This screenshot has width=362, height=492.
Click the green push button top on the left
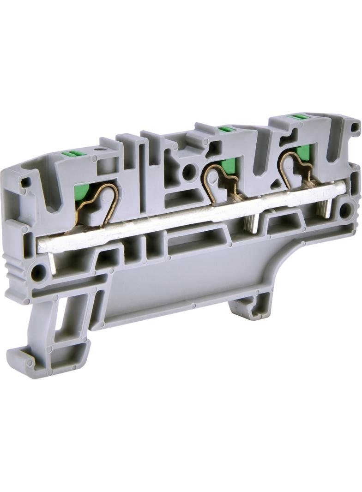pyautogui.click(x=72, y=154)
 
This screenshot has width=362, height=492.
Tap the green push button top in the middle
pyautogui.click(x=225, y=129)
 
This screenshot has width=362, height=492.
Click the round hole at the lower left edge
pyautogui.click(x=39, y=272)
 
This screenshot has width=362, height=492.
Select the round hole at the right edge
pyautogui.click(x=345, y=210)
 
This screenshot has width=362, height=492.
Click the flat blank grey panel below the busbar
pyautogui.click(x=185, y=282)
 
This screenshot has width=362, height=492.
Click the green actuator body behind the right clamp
pyautogui.click(x=303, y=152)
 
